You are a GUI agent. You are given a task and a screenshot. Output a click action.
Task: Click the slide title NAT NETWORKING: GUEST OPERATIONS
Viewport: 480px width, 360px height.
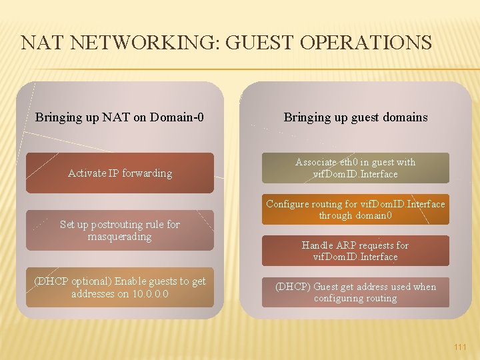(x=227, y=43)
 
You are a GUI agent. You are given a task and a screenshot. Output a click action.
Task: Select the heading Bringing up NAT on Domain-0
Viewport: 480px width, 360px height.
(x=119, y=118)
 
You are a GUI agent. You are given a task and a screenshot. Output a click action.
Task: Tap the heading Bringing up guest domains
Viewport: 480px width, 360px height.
(x=355, y=117)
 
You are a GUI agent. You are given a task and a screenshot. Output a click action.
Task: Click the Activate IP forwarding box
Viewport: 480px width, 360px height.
(x=120, y=173)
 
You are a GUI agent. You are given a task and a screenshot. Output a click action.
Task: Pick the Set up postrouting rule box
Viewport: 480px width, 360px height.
(x=120, y=231)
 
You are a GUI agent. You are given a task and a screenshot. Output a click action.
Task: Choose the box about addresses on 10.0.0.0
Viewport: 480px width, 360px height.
(x=120, y=287)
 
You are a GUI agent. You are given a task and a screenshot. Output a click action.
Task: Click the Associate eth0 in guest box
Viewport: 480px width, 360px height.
(x=355, y=168)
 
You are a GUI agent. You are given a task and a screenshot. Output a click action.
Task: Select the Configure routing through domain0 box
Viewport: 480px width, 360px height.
(x=355, y=210)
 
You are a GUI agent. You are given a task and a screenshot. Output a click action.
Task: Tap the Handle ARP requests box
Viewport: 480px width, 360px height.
(x=355, y=251)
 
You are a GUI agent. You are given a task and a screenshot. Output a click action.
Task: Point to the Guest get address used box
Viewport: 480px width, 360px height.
(x=355, y=293)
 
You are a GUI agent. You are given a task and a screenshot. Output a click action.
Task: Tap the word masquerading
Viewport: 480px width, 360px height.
(x=120, y=237)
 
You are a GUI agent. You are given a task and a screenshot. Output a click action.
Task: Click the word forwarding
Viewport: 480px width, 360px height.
(x=146, y=173)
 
